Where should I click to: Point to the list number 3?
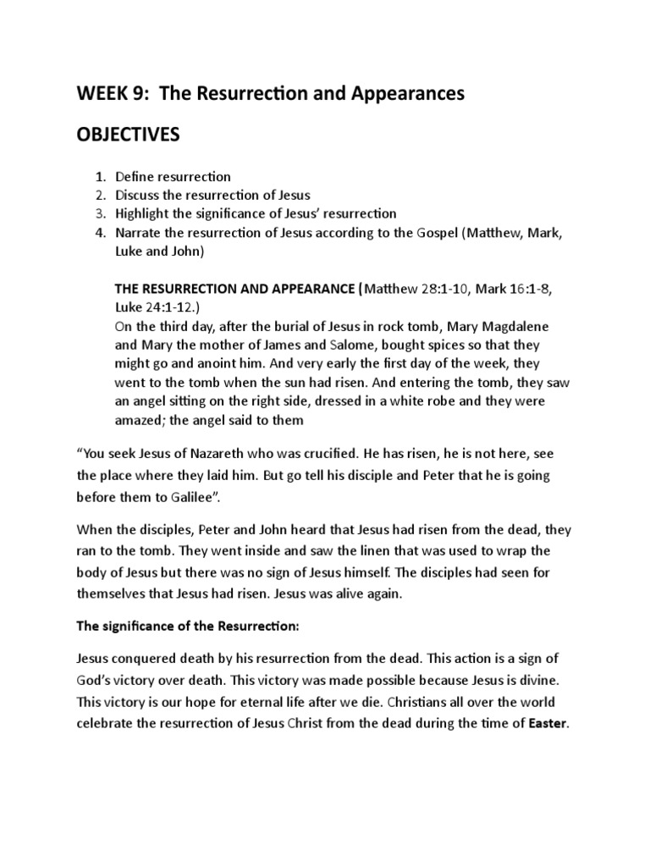click(100, 214)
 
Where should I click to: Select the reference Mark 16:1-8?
click(506, 289)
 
